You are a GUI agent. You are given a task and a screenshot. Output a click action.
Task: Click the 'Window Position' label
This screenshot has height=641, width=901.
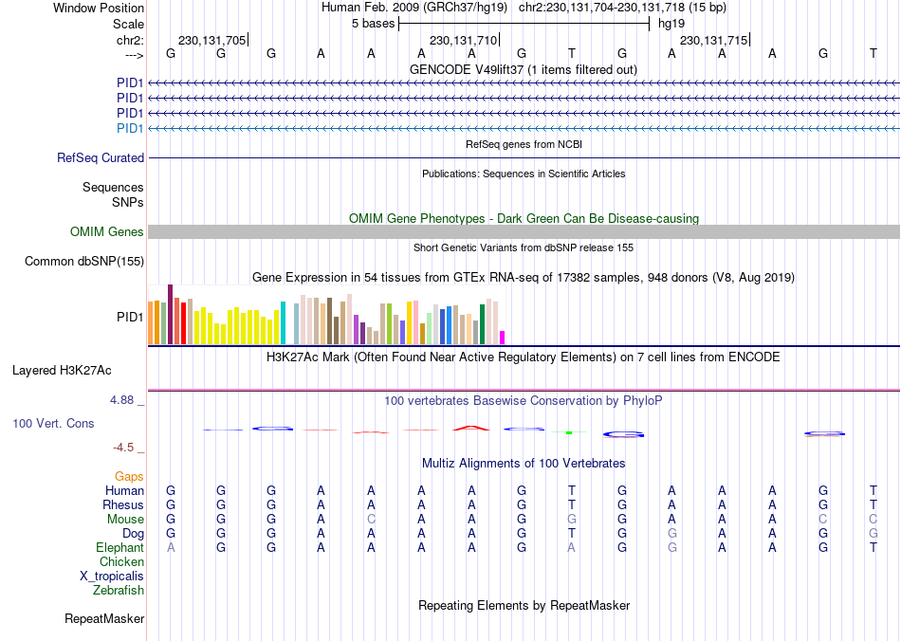pos(99,8)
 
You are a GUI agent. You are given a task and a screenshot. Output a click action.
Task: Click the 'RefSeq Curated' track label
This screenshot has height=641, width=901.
pos(101,158)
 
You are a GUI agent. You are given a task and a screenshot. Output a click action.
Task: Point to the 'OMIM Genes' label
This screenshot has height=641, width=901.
pos(107,231)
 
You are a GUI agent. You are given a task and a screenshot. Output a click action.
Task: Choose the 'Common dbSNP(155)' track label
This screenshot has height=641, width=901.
pos(84,262)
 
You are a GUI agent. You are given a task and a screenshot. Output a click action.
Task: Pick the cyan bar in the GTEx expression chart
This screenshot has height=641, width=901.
pos(283,322)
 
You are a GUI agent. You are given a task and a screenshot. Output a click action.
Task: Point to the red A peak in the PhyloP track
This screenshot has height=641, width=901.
pos(471,428)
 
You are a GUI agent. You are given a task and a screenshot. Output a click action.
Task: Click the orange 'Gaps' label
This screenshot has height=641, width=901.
pos(129,476)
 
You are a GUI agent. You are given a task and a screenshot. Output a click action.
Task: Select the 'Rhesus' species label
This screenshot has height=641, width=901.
pos(123,505)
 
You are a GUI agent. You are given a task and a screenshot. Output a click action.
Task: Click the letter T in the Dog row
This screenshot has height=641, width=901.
pos(572,534)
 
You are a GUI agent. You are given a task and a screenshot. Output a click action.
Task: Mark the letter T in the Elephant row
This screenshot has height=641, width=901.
pos(873,548)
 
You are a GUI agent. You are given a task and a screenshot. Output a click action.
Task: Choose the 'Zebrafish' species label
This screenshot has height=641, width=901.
pos(119,591)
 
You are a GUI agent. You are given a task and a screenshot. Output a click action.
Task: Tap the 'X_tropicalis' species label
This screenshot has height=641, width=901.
pos(112,577)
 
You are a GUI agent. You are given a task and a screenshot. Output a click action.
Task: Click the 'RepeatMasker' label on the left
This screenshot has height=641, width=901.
pos(104,619)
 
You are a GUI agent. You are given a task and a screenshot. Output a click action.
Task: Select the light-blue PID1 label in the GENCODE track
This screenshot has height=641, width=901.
pos(130,128)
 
